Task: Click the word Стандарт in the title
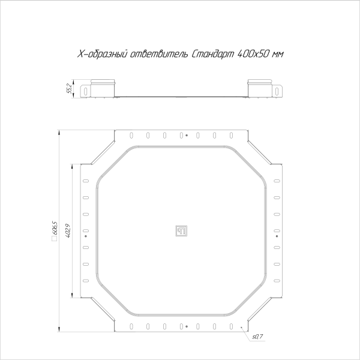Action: point(214,54)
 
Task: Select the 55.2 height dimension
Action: point(70,88)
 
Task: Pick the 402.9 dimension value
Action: point(69,230)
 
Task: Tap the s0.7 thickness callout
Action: point(256,338)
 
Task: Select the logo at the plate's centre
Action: point(181,230)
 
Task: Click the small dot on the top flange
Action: point(187,135)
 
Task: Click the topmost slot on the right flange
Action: point(276,182)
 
